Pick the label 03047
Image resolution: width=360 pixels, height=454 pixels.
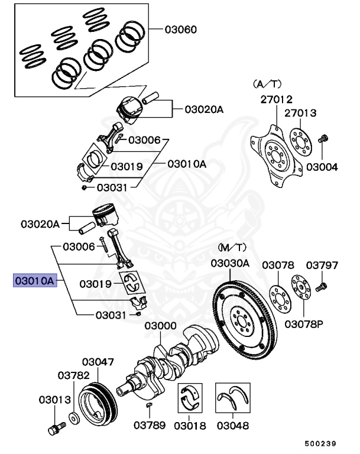point(98,361)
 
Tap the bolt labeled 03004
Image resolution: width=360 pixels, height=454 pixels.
point(323,141)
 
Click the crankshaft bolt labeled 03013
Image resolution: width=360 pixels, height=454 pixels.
point(54,427)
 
